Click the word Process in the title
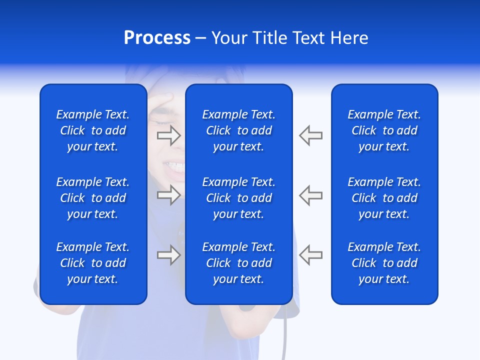click(157, 38)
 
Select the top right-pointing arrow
click(169, 135)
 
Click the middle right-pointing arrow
click(169, 195)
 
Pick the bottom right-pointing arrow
click(169, 255)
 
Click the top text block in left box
click(93, 130)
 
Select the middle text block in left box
click(93, 198)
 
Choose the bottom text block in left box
click(93, 263)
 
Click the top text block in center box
click(239, 130)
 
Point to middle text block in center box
click(239, 198)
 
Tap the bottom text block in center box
click(239, 263)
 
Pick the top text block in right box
click(384, 130)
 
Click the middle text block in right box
click(384, 198)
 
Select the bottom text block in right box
click(384, 263)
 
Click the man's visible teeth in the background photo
click(175, 165)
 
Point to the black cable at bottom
click(285, 340)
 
